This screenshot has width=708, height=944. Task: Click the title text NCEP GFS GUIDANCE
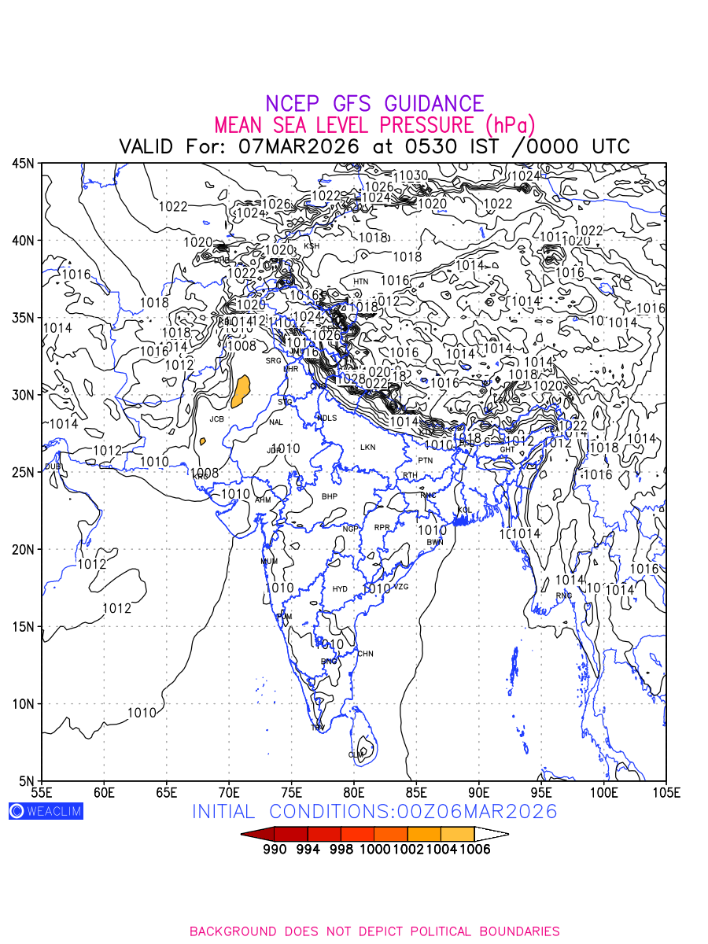374,104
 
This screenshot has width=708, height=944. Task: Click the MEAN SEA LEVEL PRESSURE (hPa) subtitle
374,125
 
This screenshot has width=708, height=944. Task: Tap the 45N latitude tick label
23,164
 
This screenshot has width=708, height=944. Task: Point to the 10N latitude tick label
23,704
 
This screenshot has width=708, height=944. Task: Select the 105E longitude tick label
666,791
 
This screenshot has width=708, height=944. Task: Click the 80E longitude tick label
354,791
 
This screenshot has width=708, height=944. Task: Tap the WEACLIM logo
46,811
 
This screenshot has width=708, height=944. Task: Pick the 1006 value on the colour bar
474,850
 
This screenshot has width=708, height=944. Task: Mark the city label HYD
340,589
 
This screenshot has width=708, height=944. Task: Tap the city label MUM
269,562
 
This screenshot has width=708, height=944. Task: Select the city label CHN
366,654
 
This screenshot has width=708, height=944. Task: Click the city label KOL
465,511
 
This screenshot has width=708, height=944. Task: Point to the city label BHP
329,497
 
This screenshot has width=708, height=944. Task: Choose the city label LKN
368,448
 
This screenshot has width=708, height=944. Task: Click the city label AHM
263,500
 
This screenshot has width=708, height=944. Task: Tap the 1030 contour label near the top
411,175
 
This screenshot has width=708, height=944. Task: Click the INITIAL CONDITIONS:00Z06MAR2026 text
374,811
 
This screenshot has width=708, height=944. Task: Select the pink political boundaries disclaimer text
374,931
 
